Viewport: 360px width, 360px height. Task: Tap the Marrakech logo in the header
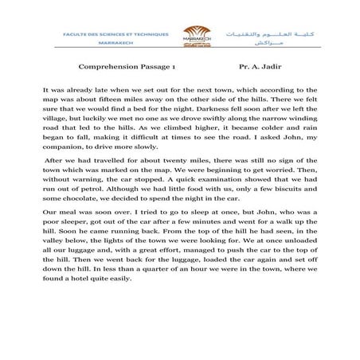180,39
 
